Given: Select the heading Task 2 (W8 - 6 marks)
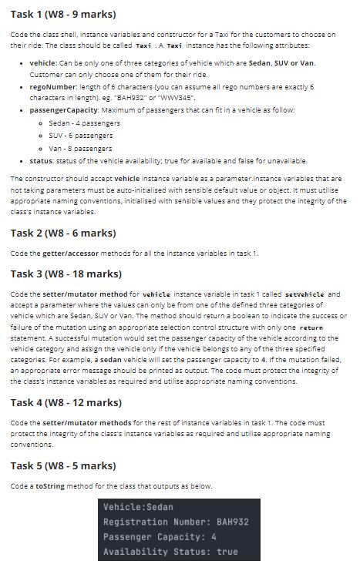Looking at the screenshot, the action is pos(63,233).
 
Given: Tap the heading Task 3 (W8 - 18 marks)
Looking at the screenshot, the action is pos(66,274).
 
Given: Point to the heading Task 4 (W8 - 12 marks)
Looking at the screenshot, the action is pos(66,402).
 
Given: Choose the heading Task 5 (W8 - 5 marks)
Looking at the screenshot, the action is pos(63,465).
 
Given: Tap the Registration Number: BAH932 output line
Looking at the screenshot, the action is pos(176,522).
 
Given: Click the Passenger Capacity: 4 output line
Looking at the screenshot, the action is pos(160,537).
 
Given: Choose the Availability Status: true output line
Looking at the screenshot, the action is pos(170,552).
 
